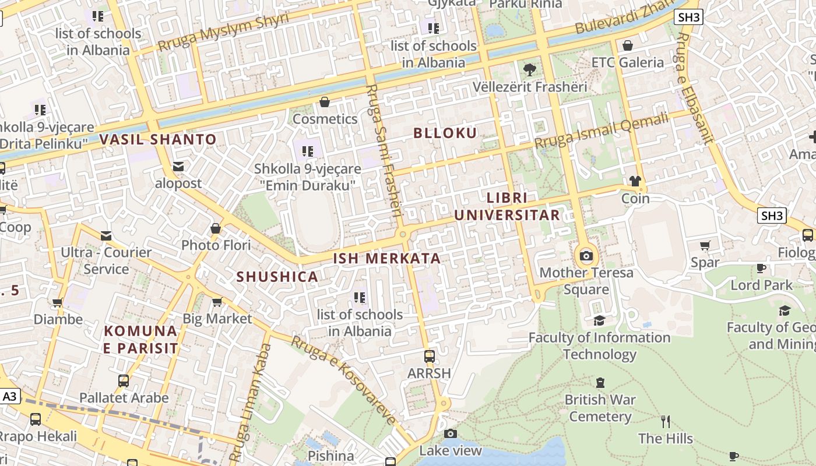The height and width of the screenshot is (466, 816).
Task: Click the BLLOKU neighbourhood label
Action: [445, 133]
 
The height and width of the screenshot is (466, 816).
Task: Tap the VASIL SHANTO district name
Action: [157, 140]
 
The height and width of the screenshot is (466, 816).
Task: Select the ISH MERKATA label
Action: [387, 259]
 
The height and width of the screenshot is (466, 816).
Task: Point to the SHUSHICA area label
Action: [277, 277]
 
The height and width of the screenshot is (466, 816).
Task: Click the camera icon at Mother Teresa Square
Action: [586, 256]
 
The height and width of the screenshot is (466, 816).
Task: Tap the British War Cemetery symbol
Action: [600, 383]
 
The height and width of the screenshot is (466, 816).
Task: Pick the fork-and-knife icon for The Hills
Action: [665, 421]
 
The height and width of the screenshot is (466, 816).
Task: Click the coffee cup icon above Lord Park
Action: [761, 268]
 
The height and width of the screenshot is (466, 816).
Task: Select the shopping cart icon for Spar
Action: [705, 245]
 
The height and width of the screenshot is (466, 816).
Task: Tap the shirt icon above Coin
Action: [635, 181]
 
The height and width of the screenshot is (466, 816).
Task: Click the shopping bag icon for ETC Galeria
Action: [628, 45]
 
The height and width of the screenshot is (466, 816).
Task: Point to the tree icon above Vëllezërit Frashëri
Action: [529, 70]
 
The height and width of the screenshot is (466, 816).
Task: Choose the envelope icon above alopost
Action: [178, 167]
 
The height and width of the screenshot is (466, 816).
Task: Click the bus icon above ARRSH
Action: [430, 356]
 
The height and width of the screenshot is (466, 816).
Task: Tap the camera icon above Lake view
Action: [450, 433]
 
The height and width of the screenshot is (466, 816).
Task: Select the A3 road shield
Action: [10, 397]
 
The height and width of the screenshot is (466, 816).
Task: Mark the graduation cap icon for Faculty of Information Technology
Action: [599, 320]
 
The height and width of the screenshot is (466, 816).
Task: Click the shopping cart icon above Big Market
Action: [217, 302]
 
